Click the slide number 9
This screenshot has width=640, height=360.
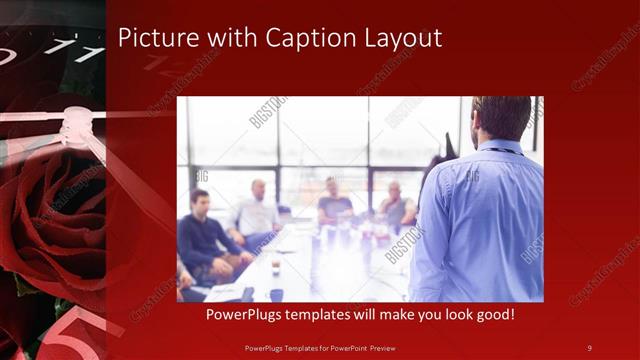click(590, 347)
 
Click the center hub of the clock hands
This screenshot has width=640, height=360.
click(75, 125)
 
